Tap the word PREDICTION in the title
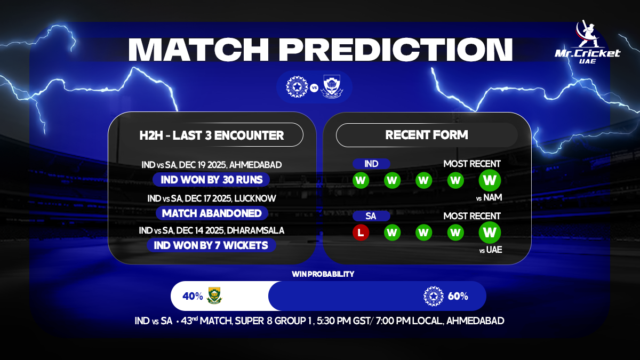397,49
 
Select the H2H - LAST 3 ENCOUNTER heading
211,135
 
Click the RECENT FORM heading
427,135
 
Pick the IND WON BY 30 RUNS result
211,179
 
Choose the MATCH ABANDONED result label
212,213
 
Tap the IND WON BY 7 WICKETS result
211,245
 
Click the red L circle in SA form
361,233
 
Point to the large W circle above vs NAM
489,180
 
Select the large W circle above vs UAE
489,233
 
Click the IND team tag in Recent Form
372,164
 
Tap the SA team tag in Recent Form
372,216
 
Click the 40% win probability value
193,296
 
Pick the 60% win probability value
458,296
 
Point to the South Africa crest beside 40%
214,296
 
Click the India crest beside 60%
433,296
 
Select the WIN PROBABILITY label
323,274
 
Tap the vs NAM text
490,198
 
